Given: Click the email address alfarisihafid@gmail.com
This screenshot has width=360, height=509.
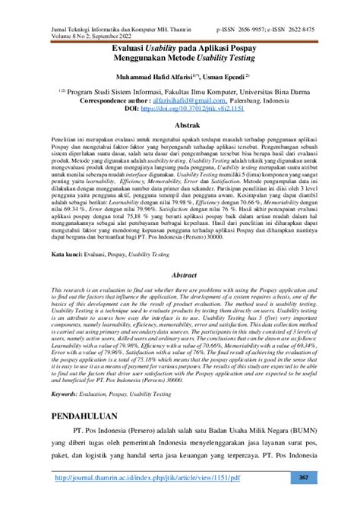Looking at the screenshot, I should click(x=197, y=100).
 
